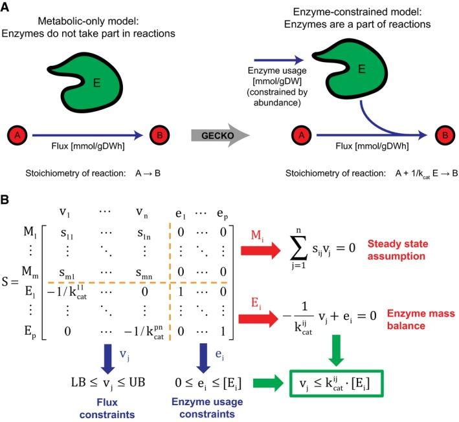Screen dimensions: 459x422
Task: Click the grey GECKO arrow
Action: coord(220,135)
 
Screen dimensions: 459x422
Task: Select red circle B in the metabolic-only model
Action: coord(159,135)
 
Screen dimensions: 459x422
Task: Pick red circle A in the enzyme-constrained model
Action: coord(302,135)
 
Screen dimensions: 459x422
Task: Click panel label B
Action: coord(5,200)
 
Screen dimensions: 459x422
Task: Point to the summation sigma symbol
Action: coord(299,248)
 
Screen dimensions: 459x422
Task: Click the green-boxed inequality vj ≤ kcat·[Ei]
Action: coord(337,384)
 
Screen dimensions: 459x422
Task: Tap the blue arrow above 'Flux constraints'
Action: coord(108,359)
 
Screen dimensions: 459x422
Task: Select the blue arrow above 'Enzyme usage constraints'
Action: coord(203,358)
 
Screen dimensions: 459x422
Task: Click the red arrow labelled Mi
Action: coord(260,251)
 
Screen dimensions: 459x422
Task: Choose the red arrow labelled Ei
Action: coord(258,319)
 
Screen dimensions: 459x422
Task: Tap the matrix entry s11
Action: coord(67,233)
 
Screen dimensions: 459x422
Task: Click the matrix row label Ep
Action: coord(30,332)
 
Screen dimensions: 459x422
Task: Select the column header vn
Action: coord(142,213)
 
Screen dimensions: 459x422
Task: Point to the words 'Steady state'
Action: coord(397,244)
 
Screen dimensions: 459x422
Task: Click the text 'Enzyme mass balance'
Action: coord(421,319)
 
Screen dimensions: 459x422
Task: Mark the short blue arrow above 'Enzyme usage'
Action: coord(279,60)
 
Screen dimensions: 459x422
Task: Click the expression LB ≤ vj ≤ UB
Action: coord(108,383)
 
